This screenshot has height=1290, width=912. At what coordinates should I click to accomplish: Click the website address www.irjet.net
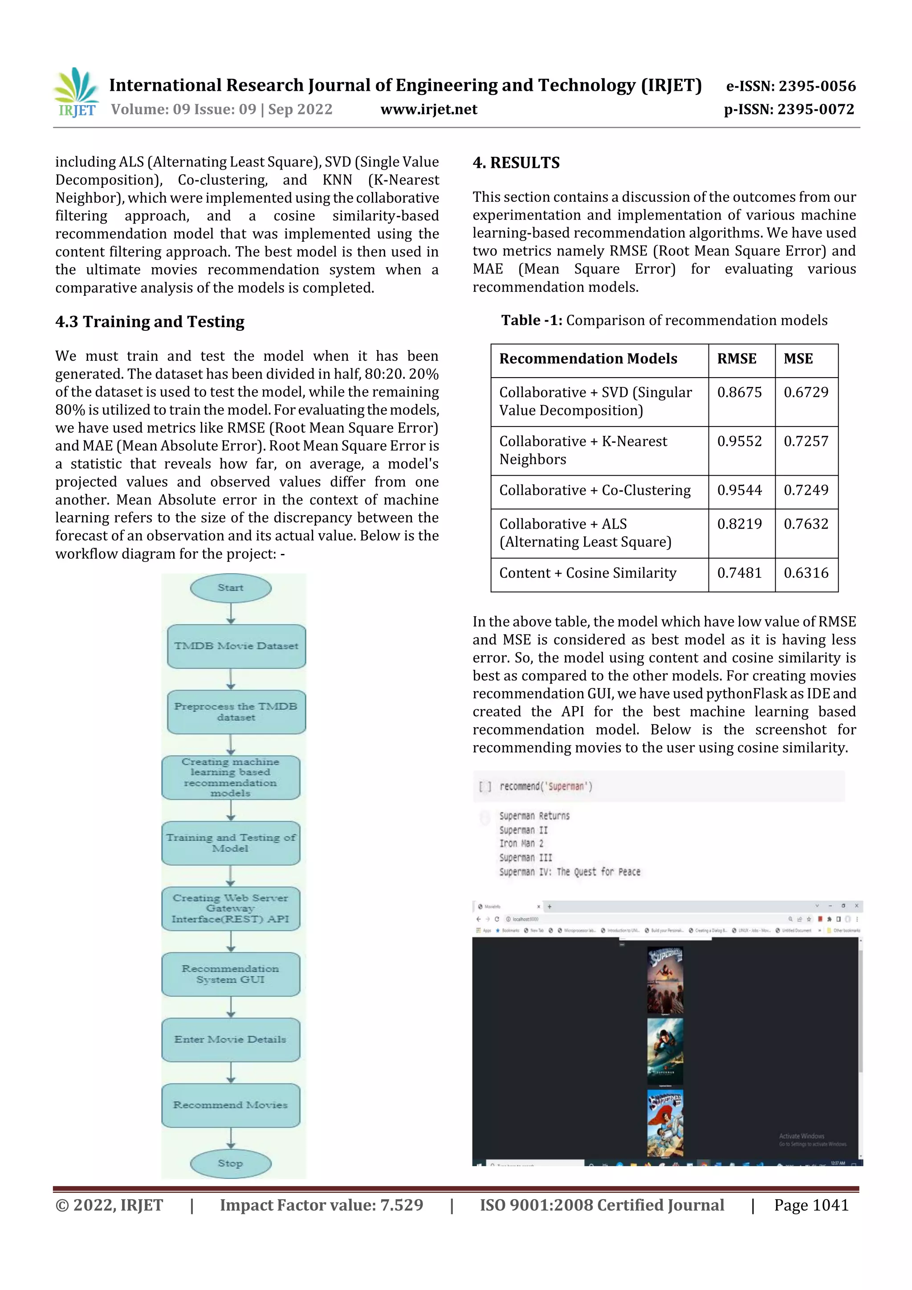pos(428,109)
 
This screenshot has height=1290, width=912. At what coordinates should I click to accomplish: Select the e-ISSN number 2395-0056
pos(790,86)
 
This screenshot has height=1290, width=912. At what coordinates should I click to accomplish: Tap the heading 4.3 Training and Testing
pos(150,321)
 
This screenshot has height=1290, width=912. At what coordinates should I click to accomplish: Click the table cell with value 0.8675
pos(739,392)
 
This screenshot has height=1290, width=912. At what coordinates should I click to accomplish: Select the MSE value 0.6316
pos(806,573)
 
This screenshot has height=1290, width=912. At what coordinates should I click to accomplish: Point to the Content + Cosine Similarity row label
pos(587,573)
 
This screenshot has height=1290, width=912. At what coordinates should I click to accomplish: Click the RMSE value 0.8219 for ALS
pos(739,524)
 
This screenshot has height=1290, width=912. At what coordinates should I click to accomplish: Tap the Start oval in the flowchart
pos(230,588)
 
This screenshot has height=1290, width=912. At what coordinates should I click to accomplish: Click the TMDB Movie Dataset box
pos(236,646)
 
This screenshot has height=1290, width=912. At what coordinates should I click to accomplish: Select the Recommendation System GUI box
pos(230,974)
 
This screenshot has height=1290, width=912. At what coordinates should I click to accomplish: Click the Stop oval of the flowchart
pos(230,1163)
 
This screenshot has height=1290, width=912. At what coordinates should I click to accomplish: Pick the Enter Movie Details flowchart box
pos(230,1039)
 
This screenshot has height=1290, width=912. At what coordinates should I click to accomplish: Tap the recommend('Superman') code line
pos(545,786)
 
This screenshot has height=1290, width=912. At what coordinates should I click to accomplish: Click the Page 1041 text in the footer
pos(811,1205)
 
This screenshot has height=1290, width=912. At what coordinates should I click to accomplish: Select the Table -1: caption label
pos(531,320)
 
